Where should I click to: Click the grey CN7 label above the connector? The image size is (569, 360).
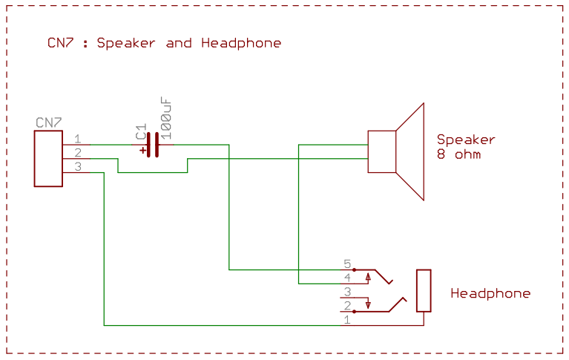(49, 122)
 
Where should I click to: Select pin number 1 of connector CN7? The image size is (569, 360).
(78, 139)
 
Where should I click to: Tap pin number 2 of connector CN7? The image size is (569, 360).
(78, 153)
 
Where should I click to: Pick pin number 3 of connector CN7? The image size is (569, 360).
(78, 167)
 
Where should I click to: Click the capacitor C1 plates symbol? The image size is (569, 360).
(153, 145)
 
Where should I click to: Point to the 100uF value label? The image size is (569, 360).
(166, 119)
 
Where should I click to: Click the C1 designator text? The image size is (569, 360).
(141, 131)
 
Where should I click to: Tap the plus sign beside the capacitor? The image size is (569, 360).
(142, 150)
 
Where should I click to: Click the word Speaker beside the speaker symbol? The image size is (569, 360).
(466, 140)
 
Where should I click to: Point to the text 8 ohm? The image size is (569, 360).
(459, 154)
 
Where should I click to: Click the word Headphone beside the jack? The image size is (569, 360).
(490, 293)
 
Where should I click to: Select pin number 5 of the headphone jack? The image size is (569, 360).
(347, 264)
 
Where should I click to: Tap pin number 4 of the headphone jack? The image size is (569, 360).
(347, 278)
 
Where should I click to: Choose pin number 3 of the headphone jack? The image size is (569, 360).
(347, 292)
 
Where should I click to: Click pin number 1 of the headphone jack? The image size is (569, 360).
(347, 320)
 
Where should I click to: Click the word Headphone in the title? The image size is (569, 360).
(241, 43)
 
